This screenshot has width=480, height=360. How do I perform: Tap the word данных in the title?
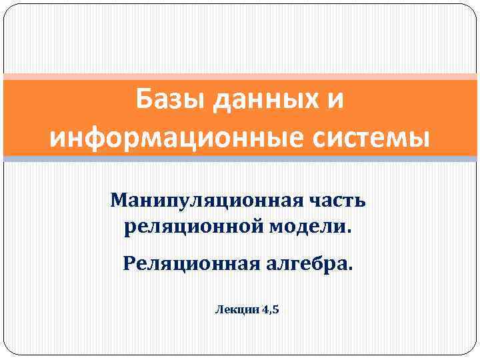261,101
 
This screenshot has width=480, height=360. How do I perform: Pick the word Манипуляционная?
202,200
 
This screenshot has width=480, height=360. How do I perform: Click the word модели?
310,228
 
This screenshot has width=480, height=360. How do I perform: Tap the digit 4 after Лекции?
265,309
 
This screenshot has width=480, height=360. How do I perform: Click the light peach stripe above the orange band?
240,77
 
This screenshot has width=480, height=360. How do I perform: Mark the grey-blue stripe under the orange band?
240,159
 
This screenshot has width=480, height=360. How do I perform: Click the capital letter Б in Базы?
143,101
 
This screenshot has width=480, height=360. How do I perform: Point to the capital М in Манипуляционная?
119,200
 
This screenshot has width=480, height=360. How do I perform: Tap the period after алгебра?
353,269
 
